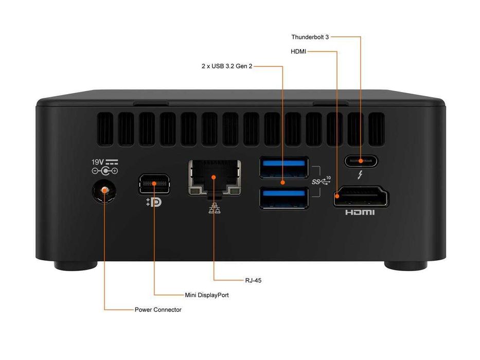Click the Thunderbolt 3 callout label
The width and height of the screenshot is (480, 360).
pos(310,37)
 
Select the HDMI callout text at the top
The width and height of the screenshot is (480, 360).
pos(299,51)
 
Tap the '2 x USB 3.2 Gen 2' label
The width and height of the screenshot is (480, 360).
pos(227,66)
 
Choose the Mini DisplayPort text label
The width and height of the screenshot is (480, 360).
pos(207,295)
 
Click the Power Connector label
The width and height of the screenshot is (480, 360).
pos(158,310)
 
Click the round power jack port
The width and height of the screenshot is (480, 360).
pos(104,191)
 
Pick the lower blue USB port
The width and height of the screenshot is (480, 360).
pos(284,198)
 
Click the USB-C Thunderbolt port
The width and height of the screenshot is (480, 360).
pos(360,161)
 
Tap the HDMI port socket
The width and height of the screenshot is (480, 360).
pos(361,197)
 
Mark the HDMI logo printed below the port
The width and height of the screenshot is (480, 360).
pos(360,212)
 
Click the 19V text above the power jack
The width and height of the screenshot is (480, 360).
pos(98,161)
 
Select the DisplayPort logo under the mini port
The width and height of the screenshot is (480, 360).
pos(153,202)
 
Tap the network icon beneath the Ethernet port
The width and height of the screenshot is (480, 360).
pos(214,208)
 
